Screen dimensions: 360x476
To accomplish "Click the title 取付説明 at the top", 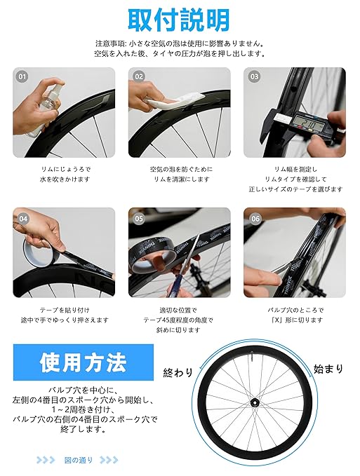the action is click(179, 20).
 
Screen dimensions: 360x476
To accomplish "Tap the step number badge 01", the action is click(22, 76).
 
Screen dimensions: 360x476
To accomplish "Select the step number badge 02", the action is click(138, 76).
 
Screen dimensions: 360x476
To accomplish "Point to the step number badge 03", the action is click(254, 76).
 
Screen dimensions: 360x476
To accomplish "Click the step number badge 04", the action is click(23, 219).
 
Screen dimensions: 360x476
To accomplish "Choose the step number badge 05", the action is click(139, 219).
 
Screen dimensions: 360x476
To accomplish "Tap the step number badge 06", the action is click(255, 219).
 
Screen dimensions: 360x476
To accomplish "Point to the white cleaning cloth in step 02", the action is click(176, 101).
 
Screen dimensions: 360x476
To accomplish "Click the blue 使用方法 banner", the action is click(84, 362).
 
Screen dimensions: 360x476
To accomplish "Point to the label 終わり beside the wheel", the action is click(178, 372).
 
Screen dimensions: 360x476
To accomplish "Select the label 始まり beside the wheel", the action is click(328, 369).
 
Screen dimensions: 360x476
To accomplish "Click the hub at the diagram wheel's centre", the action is click(253, 402).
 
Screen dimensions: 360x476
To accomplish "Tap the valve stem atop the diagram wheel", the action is click(252, 355).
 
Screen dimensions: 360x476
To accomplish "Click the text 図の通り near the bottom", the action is click(79, 460).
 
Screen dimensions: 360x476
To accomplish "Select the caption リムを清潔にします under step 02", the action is click(182, 179).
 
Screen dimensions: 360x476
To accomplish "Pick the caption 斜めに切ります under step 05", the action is click(178, 330).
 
